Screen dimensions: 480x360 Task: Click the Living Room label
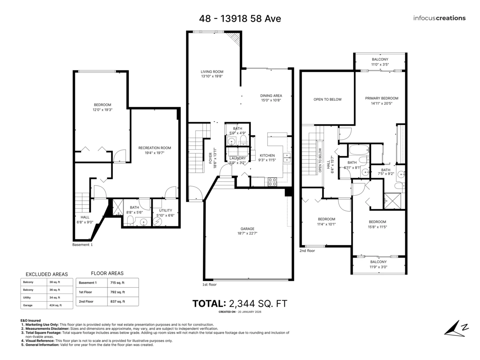212,72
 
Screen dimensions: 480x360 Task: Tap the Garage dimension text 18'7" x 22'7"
247,233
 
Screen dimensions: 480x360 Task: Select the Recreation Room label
155,148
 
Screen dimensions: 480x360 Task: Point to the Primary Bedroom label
382,98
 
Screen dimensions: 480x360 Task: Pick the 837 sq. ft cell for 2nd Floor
118,302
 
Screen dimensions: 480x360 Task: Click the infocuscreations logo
439,18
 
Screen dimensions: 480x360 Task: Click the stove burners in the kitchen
272,182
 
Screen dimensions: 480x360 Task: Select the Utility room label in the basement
166,210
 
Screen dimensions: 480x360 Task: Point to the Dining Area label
271,96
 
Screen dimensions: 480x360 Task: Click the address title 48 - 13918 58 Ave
240,18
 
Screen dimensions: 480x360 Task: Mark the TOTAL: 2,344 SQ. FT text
240,304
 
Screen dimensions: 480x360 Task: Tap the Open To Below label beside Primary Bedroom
327,100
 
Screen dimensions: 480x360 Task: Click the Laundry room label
238,158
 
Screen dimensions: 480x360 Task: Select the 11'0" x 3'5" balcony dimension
380,64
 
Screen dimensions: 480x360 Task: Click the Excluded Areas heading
47,274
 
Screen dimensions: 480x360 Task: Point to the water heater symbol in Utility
157,222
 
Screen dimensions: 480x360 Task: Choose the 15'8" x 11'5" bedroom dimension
377,227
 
